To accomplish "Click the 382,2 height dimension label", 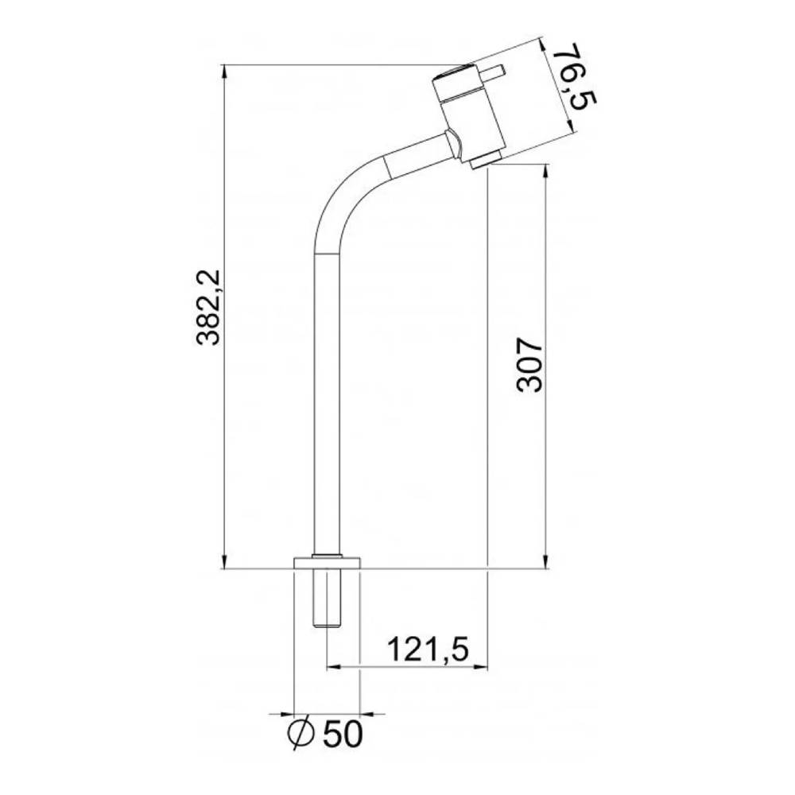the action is tap(208, 308).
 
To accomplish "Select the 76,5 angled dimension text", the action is tap(573, 76).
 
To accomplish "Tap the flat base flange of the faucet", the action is tap(327, 563).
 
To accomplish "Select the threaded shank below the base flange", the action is tap(327, 599).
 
